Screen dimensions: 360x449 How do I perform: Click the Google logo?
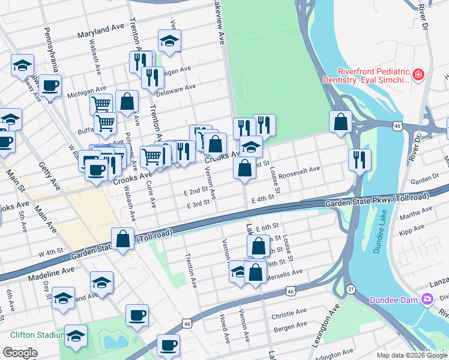[20, 353]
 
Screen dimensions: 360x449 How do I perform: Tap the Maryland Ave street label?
[101, 29]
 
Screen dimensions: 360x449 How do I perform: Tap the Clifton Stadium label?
[37, 335]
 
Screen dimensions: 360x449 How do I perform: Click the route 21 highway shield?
[350, 289]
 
